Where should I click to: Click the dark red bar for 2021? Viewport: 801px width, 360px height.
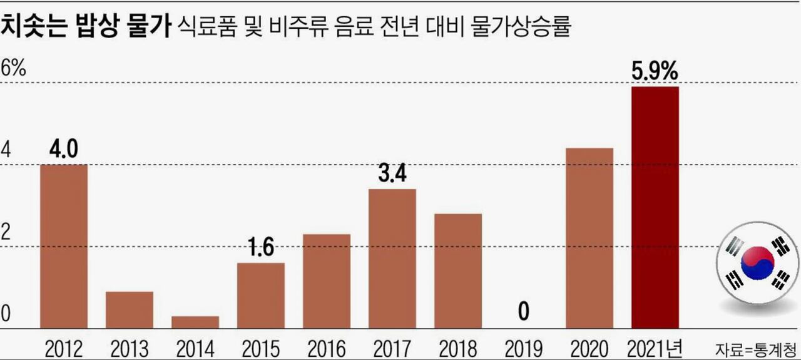tap(655, 207)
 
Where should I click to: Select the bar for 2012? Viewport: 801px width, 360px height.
tap(64, 246)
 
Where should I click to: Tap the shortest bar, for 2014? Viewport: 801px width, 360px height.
tap(195, 322)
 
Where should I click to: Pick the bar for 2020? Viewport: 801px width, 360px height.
tap(589, 238)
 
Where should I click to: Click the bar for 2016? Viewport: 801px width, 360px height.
tap(327, 281)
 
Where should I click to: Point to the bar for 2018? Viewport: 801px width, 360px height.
tap(458, 270)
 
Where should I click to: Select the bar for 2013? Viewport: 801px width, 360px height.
tap(130, 309)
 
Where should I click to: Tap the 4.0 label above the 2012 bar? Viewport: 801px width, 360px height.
tap(64, 150)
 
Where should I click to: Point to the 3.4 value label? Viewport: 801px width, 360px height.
tap(392, 174)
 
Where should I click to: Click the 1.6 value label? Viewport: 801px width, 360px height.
tap(260, 248)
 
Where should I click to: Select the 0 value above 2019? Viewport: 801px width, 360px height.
tap(523, 312)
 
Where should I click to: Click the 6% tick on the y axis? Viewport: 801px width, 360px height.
tap(13, 68)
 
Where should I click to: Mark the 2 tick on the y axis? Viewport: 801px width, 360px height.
tap(6, 233)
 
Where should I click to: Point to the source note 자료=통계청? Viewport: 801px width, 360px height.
tap(757, 348)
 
